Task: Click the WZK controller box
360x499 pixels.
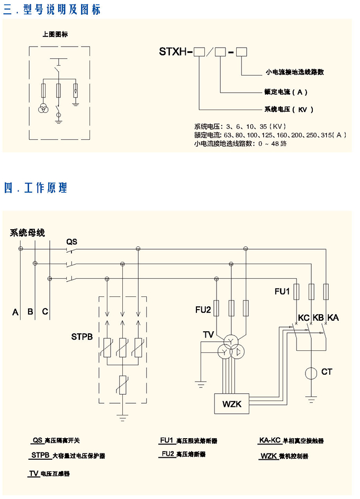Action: pyautogui.click(x=231, y=404)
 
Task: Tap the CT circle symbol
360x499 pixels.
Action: pyautogui.click(x=311, y=373)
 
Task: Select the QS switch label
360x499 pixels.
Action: pyautogui.click(x=71, y=242)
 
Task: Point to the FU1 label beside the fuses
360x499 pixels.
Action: pyautogui.click(x=282, y=291)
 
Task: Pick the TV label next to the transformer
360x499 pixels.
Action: pyautogui.click(x=208, y=334)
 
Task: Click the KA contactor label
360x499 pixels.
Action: pyautogui.click(x=333, y=317)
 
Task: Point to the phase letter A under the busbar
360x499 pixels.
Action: pyautogui.click(x=15, y=312)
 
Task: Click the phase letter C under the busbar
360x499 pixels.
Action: pyautogui.click(x=45, y=312)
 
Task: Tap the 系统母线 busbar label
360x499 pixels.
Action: pyautogui.click(x=28, y=233)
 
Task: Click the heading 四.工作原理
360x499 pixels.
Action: pyautogui.click(x=35, y=188)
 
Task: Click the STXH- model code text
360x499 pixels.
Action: pyautogui.click(x=176, y=52)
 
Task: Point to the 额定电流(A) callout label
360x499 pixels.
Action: pyautogui.click(x=285, y=92)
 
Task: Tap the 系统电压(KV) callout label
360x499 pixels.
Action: pyautogui.click(x=289, y=110)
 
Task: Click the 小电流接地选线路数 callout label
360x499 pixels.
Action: pyautogui.click(x=294, y=71)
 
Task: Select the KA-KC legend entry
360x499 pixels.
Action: pyautogui.click(x=291, y=440)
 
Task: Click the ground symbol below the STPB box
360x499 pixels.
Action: pyautogui.click(x=123, y=418)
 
